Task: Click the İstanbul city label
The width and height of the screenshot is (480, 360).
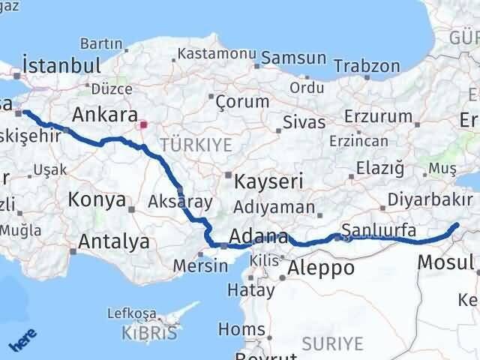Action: [x=61, y=65]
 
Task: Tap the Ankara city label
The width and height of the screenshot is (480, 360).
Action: [x=103, y=115]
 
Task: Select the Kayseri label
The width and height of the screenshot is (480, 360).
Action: [x=268, y=181]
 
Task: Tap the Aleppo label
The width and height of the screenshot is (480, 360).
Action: [x=321, y=268]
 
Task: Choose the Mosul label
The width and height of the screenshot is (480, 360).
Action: [x=445, y=262]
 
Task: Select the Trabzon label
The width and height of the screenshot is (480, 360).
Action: [x=367, y=66]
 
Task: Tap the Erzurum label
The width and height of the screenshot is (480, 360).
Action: [x=379, y=116]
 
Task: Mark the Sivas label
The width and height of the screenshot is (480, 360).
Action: [x=304, y=122]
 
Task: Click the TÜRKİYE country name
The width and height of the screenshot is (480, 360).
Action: [x=196, y=144]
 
